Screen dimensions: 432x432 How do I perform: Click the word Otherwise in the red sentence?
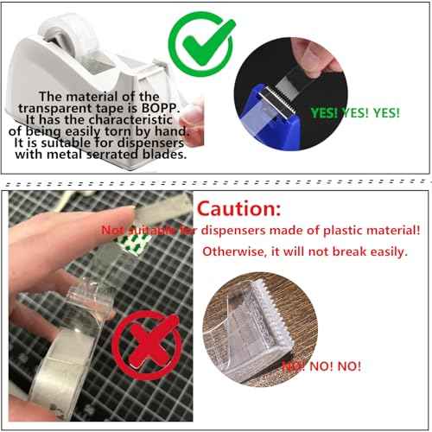tap(230, 251)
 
